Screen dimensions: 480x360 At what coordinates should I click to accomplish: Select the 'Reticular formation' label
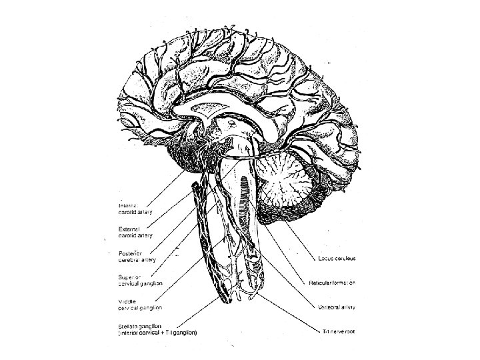click(x=331, y=283)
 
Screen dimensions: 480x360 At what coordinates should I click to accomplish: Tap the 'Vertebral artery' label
click(x=333, y=307)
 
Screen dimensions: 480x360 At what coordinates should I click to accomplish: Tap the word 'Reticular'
click(x=319, y=283)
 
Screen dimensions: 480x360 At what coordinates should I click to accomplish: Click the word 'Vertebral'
click(x=324, y=307)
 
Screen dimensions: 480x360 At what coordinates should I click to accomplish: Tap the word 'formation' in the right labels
click(x=343, y=283)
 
